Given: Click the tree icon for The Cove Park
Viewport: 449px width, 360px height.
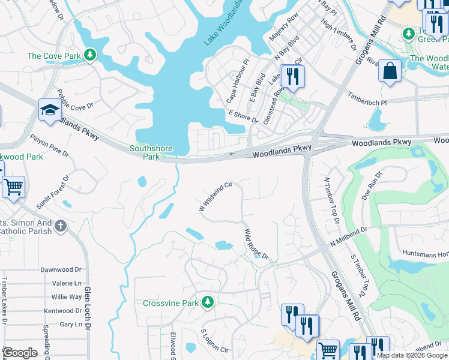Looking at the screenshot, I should [x=90, y=56].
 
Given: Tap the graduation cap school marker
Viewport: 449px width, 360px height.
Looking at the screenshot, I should [x=50, y=110].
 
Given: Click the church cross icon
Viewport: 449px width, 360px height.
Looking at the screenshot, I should [x=59, y=226].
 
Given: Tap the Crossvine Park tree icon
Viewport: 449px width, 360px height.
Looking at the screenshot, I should [x=208, y=302].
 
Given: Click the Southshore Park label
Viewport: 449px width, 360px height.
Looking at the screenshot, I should [x=152, y=152].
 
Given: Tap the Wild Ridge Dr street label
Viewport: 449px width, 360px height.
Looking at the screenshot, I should [x=256, y=244].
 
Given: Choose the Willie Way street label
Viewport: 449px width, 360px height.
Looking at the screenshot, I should [x=67, y=297].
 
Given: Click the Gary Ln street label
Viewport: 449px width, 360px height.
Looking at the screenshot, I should [x=71, y=324].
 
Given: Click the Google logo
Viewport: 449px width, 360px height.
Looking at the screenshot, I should [x=19, y=353].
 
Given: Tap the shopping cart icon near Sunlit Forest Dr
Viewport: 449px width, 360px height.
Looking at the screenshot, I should [x=13, y=187].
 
